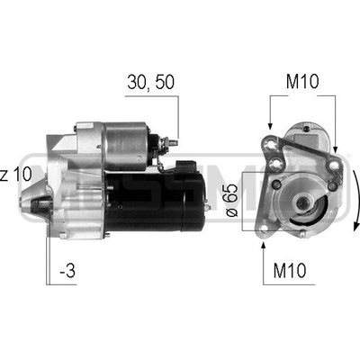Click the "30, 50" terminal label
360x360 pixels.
[150, 82]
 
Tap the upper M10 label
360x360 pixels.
[302, 82]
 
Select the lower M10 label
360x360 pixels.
[290, 270]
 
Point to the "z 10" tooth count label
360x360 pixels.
[15, 174]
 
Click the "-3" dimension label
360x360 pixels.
[67, 270]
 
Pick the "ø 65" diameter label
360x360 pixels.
[231, 200]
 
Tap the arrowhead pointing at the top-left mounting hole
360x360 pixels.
[270, 126]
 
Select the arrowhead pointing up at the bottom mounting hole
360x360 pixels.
[264, 245]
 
